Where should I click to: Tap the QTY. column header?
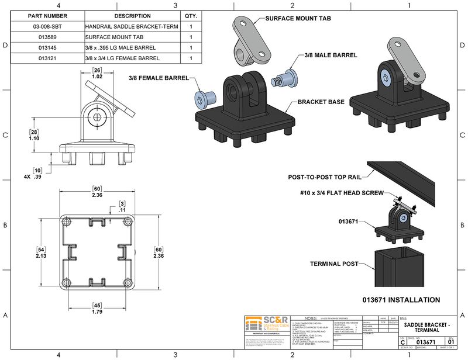click(191, 16)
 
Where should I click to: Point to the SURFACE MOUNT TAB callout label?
click(298, 19)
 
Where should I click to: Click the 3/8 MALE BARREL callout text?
click(331, 55)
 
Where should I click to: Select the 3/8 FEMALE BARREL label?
click(159, 78)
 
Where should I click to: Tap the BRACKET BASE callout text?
click(321, 102)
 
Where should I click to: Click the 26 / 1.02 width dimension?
click(98, 73)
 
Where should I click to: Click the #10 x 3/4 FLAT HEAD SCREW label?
click(342, 193)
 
